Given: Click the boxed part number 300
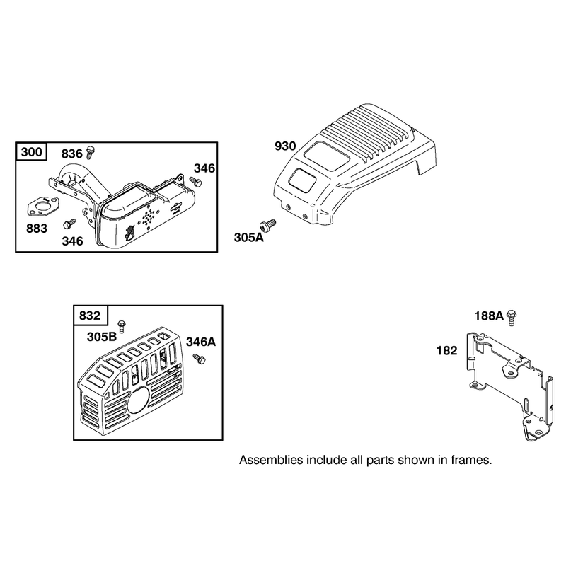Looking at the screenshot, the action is click(31, 152).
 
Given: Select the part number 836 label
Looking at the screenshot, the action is click(72, 154).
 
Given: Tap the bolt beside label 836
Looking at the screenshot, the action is click(90, 152).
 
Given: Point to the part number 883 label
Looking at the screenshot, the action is click(37, 229).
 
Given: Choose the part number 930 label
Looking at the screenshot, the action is click(285, 146).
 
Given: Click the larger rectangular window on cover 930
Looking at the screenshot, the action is click(326, 155).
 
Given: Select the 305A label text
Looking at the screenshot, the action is click(249, 238).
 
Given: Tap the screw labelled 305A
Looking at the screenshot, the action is click(267, 224).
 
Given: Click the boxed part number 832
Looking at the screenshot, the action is click(90, 316).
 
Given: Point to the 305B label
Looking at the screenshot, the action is click(102, 337).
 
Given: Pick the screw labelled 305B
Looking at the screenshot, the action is click(122, 326).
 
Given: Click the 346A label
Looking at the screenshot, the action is click(201, 342).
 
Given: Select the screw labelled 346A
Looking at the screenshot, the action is click(199, 359).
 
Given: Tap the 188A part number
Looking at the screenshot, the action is click(489, 316).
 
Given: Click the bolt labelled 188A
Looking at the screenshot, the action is click(511, 318).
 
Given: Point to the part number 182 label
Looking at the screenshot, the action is click(447, 350).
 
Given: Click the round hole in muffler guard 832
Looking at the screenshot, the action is click(139, 400).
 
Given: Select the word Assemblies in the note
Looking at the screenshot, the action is click(271, 461).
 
